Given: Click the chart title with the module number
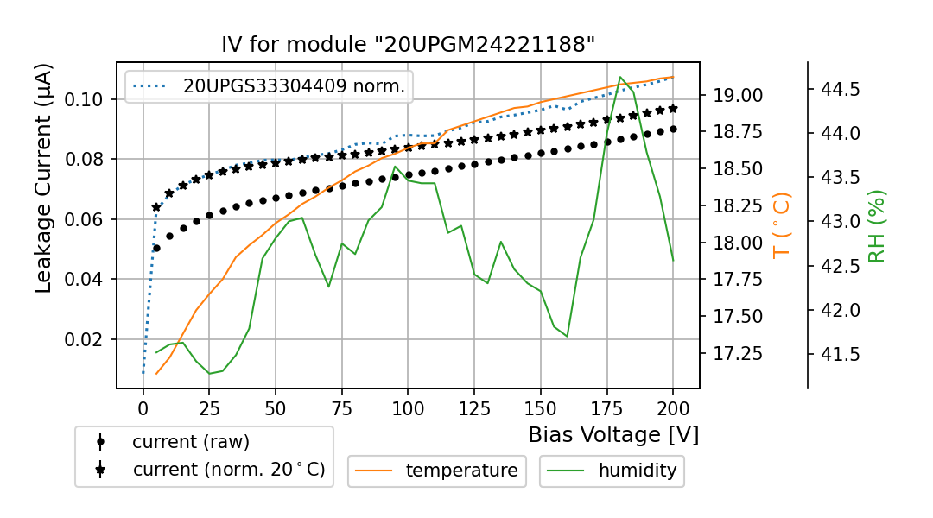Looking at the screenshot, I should click(x=409, y=45).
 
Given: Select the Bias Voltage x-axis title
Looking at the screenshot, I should click(x=613, y=434).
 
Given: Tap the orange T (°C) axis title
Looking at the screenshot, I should click(x=782, y=224).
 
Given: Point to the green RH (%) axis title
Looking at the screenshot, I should click(x=877, y=226).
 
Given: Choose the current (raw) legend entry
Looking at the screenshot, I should click(x=190, y=442).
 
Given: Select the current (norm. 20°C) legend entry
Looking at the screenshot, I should click(x=228, y=470).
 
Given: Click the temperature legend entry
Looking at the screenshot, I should click(x=461, y=471).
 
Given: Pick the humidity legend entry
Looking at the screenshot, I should click(x=638, y=471).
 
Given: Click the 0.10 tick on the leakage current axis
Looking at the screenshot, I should click(x=86, y=99).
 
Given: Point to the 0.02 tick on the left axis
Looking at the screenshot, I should click(x=86, y=339).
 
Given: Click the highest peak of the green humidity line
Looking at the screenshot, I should click(x=620, y=77).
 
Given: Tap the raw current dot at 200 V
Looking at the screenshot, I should click(x=673, y=129).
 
